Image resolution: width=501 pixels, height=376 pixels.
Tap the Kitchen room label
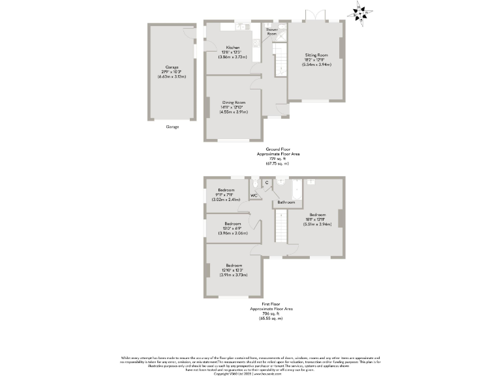(x=233, y=48)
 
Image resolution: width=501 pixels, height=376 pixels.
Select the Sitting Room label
(x=316, y=55)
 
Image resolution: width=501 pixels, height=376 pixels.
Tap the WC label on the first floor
(x=254, y=195)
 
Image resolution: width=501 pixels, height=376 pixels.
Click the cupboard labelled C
(x=267, y=182)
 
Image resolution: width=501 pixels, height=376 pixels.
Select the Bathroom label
(x=286, y=203)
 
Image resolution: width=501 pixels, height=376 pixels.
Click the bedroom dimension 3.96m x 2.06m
(x=228, y=232)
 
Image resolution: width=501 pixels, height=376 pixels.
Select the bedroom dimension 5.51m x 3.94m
(x=318, y=224)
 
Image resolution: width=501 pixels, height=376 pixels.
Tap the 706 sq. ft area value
(x=272, y=313)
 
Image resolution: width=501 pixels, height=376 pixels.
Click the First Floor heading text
(x=272, y=304)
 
